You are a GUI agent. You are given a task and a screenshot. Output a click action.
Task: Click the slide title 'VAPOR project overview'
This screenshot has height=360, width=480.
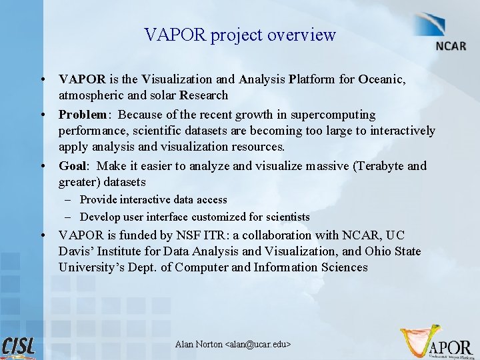240,35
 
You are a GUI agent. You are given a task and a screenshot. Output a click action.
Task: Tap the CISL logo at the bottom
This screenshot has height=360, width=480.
19,346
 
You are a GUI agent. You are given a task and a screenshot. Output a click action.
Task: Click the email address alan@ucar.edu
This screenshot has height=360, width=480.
259,344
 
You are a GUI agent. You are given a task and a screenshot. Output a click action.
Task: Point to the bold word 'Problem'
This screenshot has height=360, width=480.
82,115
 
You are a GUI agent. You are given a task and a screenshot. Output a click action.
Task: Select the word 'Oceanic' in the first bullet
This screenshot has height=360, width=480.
382,79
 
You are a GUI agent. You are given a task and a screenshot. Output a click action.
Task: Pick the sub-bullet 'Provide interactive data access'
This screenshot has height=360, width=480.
153,199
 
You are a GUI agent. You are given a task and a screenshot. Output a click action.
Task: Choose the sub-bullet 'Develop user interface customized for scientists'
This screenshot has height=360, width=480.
195,217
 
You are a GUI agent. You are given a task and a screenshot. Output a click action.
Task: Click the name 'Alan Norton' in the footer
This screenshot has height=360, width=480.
199,344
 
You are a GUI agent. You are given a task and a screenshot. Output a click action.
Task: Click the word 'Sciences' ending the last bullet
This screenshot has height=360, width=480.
342,267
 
